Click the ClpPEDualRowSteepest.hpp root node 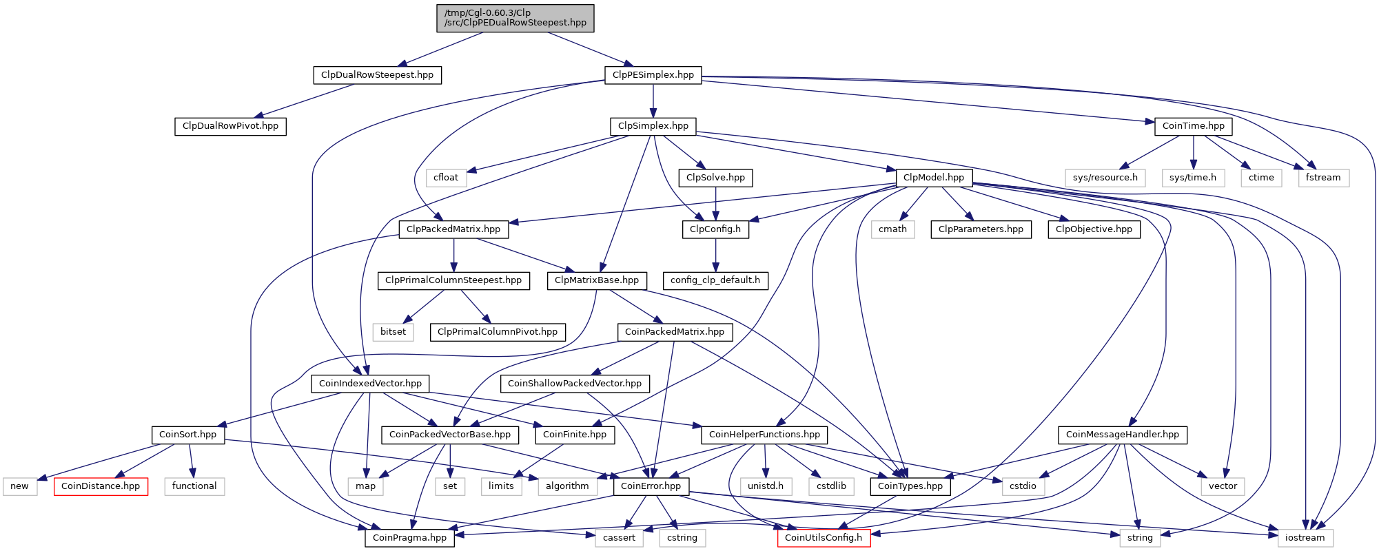(x=515, y=18)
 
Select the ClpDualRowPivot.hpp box (x=230, y=126)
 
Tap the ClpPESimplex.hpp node (x=653, y=75)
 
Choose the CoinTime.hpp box (x=1193, y=126)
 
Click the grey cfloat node (x=446, y=178)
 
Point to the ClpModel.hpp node (x=934, y=178)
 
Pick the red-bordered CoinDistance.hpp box (x=101, y=486)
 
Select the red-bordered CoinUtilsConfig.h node (x=824, y=538)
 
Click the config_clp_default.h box (x=715, y=280)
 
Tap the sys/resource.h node (x=1105, y=178)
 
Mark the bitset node (x=394, y=332)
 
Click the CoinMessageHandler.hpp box (x=1123, y=435)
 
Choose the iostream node (x=1305, y=538)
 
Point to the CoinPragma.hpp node (x=410, y=538)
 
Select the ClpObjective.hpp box (x=1094, y=229)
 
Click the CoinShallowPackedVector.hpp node (x=575, y=384)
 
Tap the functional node (x=194, y=486)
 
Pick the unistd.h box (x=766, y=486)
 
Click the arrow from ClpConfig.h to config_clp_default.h (x=715, y=255)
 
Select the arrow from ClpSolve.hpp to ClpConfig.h (x=715, y=204)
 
